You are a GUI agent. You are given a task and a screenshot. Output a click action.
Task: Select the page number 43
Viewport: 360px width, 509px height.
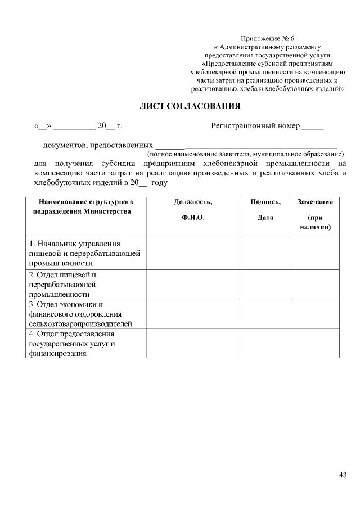[343, 475]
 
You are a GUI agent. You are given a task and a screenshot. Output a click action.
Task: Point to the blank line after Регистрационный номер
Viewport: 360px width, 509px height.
[312, 127]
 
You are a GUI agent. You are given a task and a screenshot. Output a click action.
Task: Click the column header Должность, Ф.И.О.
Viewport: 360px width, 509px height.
[193, 209]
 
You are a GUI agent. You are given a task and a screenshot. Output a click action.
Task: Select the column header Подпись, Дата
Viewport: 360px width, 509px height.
[265, 209]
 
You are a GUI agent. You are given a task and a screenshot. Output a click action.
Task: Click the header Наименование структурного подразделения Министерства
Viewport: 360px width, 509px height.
[85, 206]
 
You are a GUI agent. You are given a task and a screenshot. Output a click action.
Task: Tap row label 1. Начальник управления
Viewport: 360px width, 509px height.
[84, 253]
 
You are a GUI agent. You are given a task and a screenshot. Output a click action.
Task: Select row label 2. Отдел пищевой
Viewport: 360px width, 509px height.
[84, 284]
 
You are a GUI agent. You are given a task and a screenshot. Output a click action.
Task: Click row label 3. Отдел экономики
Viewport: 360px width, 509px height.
[84, 314]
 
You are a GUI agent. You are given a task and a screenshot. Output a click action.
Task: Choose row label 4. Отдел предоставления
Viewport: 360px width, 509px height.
[84, 344]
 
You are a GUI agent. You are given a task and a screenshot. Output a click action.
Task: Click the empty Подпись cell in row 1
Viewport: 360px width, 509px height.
[265, 253]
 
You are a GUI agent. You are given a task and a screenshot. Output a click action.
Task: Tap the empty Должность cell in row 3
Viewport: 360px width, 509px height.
[193, 314]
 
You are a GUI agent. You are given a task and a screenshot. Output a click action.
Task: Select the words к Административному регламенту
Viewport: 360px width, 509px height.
[268, 47]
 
